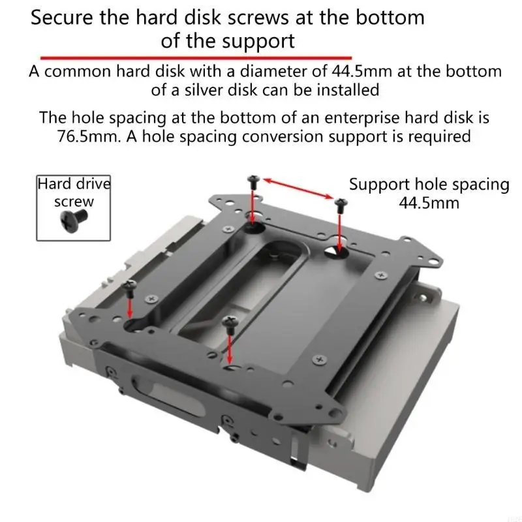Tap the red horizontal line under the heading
(196, 58)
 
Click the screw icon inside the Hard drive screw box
(73, 219)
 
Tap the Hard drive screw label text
(73, 192)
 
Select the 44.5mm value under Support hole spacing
(429, 203)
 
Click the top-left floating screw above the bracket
(253, 181)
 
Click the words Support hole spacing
(429, 184)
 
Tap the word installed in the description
(347, 89)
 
